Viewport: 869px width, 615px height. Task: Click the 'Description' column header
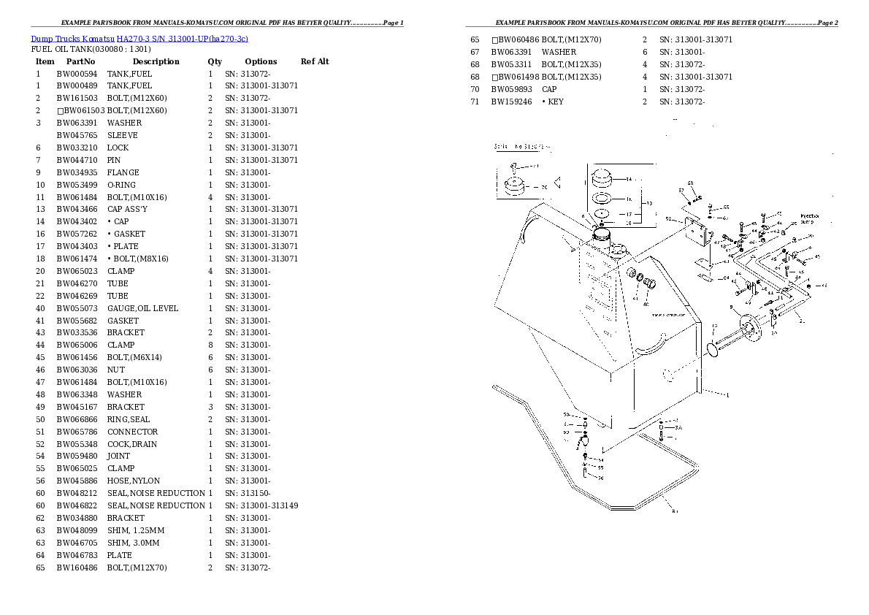click(x=156, y=61)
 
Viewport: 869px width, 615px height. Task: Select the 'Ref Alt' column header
click(x=315, y=61)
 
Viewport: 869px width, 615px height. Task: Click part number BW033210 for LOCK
click(x=77, y=148)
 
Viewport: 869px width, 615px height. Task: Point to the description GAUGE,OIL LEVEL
click(x=142, y=308)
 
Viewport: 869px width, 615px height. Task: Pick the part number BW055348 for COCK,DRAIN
click(x=77, y=444)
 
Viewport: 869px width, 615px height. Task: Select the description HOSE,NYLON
click(x=134, y=481)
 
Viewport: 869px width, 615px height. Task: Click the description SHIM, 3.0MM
click(x=133, y=543)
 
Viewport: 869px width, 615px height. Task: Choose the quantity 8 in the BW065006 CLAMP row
click(x=210, y=345)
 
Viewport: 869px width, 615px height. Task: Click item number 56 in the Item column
click(x=40, y=481)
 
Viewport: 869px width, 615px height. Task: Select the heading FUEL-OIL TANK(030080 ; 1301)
click(x=91, y=49)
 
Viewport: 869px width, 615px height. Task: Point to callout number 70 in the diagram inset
click(x=543, y=188)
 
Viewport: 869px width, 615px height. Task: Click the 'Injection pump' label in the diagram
click(x=811, y=218)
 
